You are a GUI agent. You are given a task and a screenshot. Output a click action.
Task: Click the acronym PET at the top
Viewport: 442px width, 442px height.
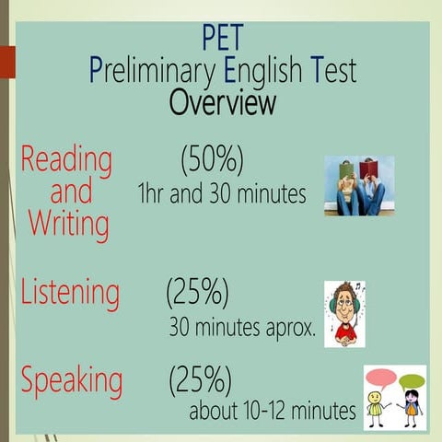click(222, 39)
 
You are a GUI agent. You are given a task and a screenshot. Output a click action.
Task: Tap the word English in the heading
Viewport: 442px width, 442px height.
click(257, 70)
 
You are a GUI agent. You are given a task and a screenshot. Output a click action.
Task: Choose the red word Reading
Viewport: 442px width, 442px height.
click(66, 160)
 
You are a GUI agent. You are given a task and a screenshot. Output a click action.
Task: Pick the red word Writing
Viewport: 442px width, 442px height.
click(69, 223)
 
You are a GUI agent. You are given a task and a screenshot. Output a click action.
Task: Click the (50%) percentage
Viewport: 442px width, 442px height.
click(212, 160)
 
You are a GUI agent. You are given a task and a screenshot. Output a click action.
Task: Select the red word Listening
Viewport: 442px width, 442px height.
click(70, 293)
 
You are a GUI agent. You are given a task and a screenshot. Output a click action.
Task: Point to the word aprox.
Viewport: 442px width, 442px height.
click(292, 327)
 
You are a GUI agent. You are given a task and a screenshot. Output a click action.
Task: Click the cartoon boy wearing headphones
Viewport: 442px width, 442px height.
click(344, 314)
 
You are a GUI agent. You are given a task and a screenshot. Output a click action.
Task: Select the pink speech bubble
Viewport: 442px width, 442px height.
click(380, 378)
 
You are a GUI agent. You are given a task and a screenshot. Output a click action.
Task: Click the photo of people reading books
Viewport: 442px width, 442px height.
click(359, 185)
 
